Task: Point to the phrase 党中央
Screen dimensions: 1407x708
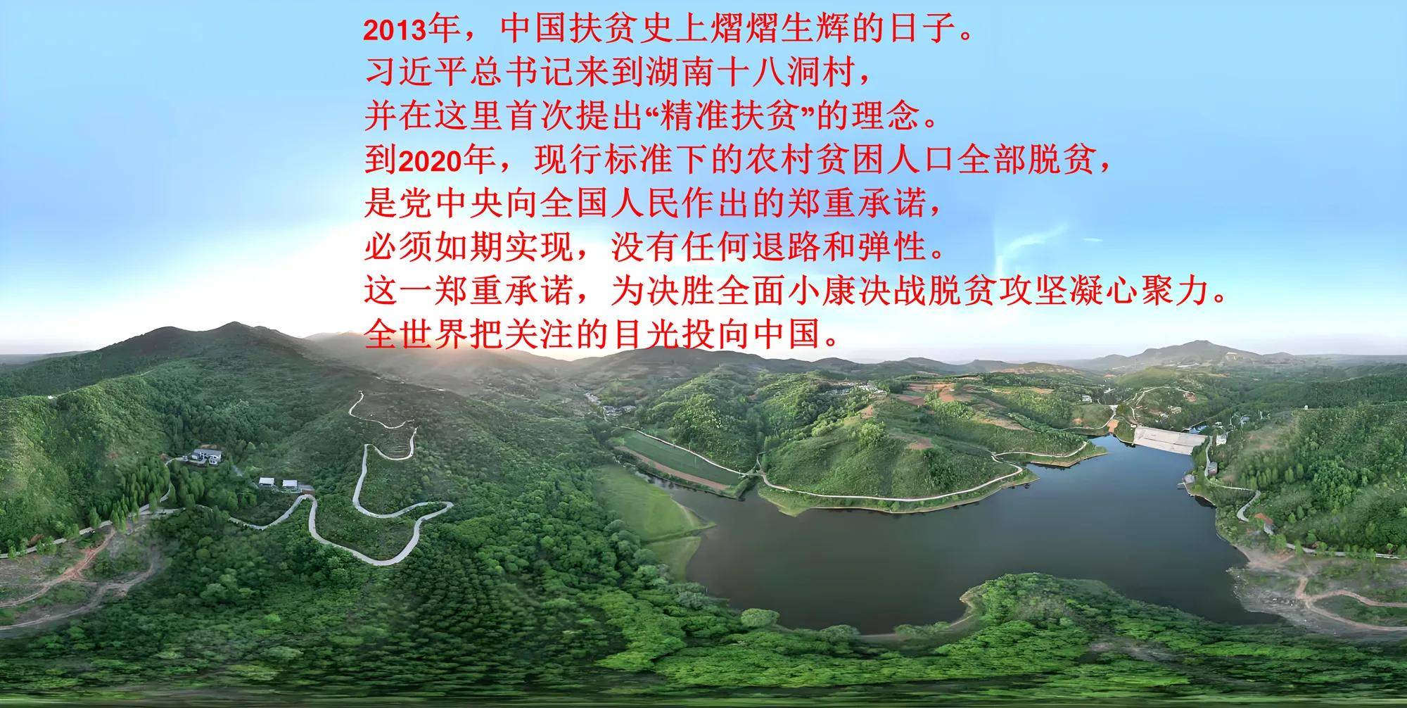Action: pos(433,205)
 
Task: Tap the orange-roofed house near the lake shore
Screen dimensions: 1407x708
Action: pos(1263,523)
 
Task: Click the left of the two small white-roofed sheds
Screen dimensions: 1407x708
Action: pos(267,483)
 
